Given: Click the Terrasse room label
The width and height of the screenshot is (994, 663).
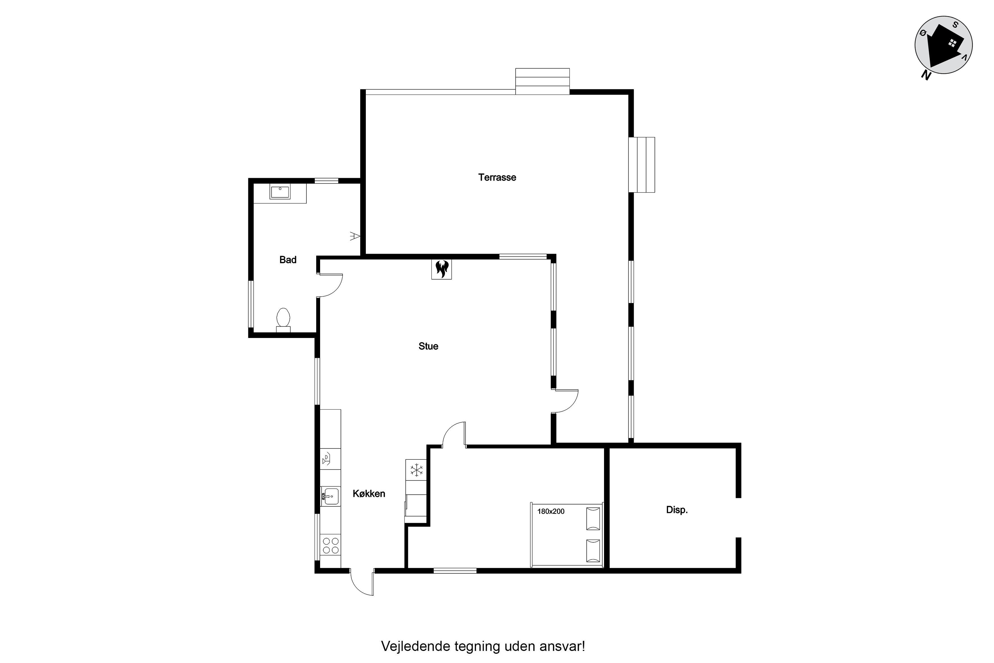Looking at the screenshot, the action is click(497, 178).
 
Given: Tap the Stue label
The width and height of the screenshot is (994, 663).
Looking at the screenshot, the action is click(428, 346).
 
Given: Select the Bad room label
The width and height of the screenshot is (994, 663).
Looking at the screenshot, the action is click(288, 260).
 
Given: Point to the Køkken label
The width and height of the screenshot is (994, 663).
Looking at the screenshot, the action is click(369, 493).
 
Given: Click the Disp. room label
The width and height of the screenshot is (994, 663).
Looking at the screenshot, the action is click(677, 510).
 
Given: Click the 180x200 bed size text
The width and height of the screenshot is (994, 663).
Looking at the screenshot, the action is click(551, 511).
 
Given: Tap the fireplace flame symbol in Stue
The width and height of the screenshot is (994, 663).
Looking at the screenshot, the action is click(441, 269).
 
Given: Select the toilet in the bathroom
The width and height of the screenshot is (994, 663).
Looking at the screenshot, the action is click(283, 320).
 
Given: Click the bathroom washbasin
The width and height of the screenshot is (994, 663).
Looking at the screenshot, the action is click(280, 192).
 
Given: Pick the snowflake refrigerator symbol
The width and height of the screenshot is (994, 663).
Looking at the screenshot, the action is click(417, 470).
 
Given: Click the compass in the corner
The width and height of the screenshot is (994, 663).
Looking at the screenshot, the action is click(943, 45).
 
